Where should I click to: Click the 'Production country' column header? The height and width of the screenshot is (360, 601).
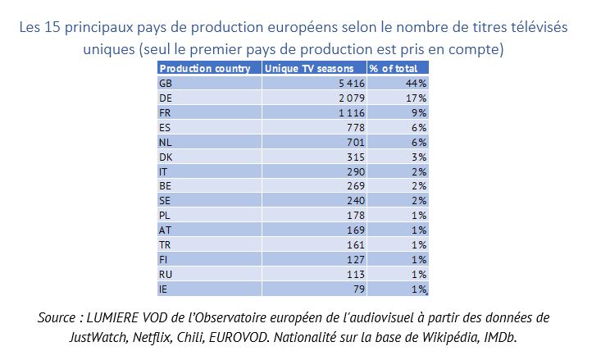pos(204,69)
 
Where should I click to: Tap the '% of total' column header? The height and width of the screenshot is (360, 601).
pos(393,69)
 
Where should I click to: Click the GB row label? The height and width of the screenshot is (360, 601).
pos(164,83)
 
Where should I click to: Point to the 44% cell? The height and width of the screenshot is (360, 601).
pos(417,83)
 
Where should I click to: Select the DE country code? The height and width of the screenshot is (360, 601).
pos(164,98)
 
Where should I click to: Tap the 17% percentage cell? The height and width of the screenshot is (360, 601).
pos(417,98)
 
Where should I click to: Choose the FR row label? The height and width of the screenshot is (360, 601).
pos(164,112)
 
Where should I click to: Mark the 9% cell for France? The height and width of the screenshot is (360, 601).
pos(420,112)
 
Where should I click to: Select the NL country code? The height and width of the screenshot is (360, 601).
pos(164,142)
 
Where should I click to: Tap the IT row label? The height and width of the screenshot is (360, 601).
pos(163,171)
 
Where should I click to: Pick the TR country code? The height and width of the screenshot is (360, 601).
pos(164,245)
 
